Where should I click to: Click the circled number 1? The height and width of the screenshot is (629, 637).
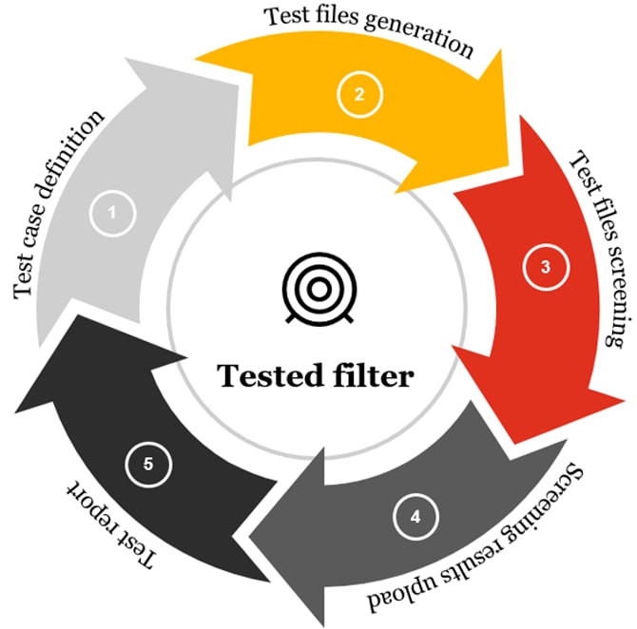tap(112, 213)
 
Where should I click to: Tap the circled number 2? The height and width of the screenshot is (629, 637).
tap(358, 93)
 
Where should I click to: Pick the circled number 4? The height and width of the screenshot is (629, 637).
tap(414, 518)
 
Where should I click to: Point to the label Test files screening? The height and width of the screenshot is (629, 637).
tap(599, 249)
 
